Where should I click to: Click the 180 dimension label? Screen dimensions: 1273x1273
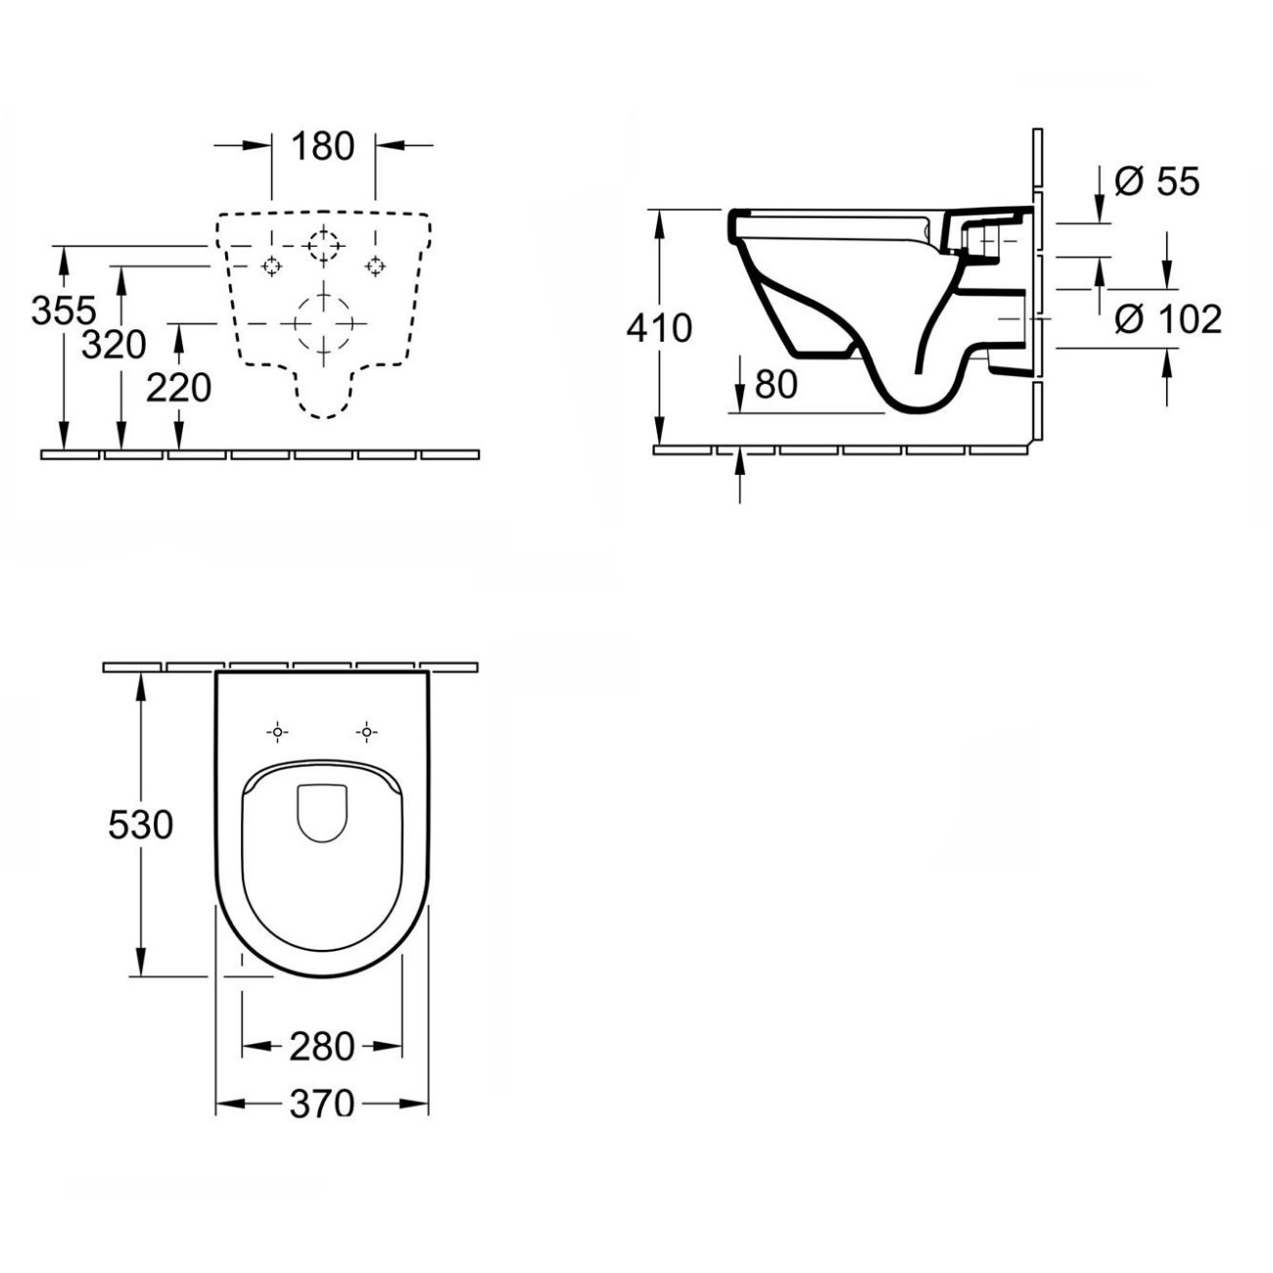pyautogui.click(x=322, y=146)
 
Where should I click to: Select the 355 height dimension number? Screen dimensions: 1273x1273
pyautogui.click(x=64, y=309)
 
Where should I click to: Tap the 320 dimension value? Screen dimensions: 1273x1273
pyautogui.click(x=113, y=344)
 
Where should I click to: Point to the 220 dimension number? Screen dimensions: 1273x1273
pyautogui.click(x=178, y=387)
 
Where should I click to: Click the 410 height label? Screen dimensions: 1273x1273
pyautogui.click(x=659, y=328)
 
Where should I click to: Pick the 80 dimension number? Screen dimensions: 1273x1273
pyautogui.click(x=776, y=384)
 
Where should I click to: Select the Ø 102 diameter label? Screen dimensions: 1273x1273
pyautogui.click(x=1168, y=319)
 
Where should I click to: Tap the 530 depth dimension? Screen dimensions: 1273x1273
pyautogui.click(x=140, y=825)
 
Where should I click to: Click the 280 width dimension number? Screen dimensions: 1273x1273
pyautogui.click(x=322, y=1047)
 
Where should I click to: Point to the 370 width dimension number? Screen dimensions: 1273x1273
pyautogui.click(x=322, y=1104)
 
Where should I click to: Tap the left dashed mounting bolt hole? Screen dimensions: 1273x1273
pyautogui.click(x=271, y=266)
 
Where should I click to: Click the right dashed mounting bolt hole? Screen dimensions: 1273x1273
pyautogui.click(x=375, y=266)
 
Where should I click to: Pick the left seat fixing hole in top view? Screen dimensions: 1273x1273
pyautogui.click(x=277, y=732)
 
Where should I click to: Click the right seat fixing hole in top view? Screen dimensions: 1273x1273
pyautogui.click(x=366, y=732)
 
